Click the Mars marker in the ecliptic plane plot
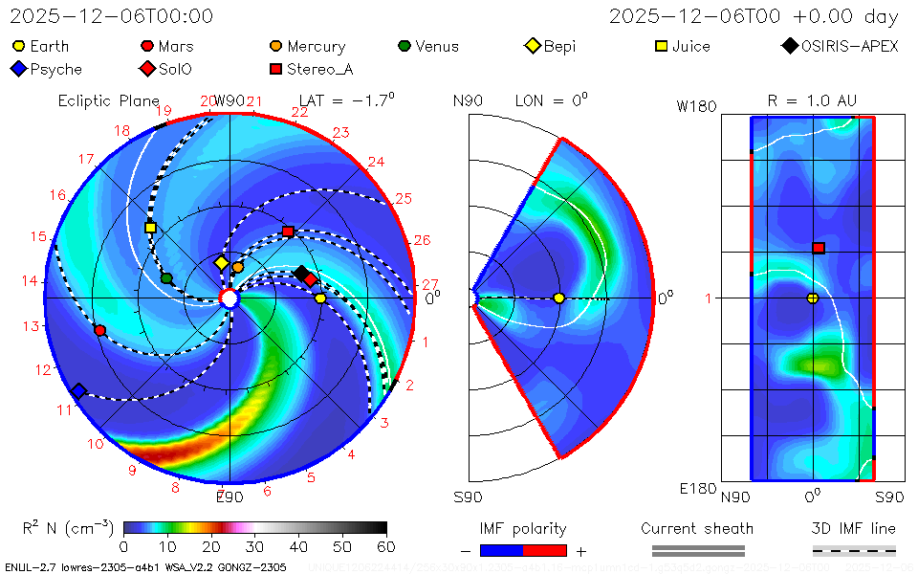click(x=99, y=330)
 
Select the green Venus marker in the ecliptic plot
click(x=166, y=278)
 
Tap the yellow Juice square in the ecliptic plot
click(x=150, y=227)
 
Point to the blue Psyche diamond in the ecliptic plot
click(x=79, y=390)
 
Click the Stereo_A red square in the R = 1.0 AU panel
click(x=819, y=248)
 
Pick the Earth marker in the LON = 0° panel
click(x=558, y=298)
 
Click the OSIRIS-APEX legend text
click(x=849, y=46)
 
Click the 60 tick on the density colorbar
click(x=386, y=546)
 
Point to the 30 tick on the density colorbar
click(x=255, y=546)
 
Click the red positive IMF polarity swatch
click(x=544, y=550)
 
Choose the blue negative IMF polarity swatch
click(x=501, y=550)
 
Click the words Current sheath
click(x=696, y=528)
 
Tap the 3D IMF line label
click(x=853, y=528)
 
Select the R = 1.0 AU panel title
click(x=812, y=100)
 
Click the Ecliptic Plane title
click(x=108, y=100)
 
